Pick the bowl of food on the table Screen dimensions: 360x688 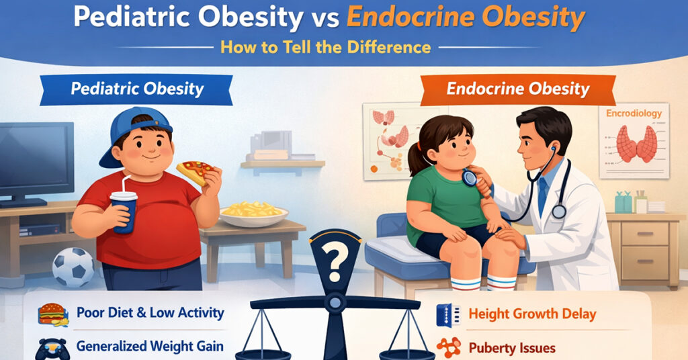[x=254, y=213]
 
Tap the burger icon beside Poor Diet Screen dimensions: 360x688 [x=52, y=314]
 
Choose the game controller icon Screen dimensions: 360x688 [x=52, y=347]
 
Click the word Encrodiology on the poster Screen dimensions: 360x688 [x=634, y=115]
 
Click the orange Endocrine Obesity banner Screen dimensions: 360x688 [x=517, y=89]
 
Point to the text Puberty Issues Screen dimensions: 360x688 [x=513, y=348]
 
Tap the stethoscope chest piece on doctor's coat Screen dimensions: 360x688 [x=558, y=212]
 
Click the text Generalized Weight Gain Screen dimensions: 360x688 [x=150, y=347]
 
